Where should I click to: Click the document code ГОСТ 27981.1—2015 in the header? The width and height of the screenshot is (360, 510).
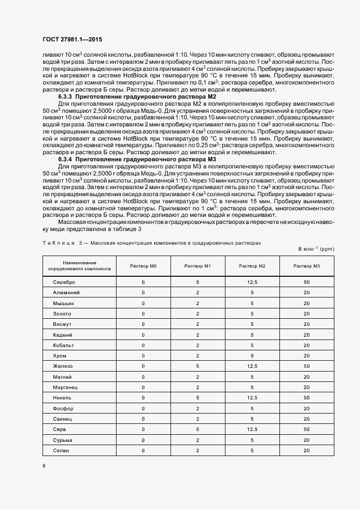(72, 40)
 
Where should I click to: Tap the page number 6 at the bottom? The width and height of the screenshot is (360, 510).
(44, 466)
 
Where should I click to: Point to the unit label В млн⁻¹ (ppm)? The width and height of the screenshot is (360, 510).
(316, 248)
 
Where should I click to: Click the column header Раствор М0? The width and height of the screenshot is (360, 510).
(143, 265)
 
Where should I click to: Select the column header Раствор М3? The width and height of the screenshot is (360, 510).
(307, 265)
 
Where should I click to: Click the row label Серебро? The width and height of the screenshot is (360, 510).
(64, 282)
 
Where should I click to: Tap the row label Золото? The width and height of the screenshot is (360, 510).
(62, 313)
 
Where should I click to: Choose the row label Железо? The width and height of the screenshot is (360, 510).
(63, 366)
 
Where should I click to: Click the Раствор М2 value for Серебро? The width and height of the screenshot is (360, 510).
(252, 282)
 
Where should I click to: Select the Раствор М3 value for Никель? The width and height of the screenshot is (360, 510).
(307, 398)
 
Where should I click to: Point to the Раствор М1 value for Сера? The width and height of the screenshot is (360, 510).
(198, 429)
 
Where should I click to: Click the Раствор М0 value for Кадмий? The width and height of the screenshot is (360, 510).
(143, 335)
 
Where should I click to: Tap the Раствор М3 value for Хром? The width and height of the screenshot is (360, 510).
(307, 356)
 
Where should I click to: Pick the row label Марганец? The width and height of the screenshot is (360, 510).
(65, 387)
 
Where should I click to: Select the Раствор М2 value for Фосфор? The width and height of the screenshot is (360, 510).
(252, 408)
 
